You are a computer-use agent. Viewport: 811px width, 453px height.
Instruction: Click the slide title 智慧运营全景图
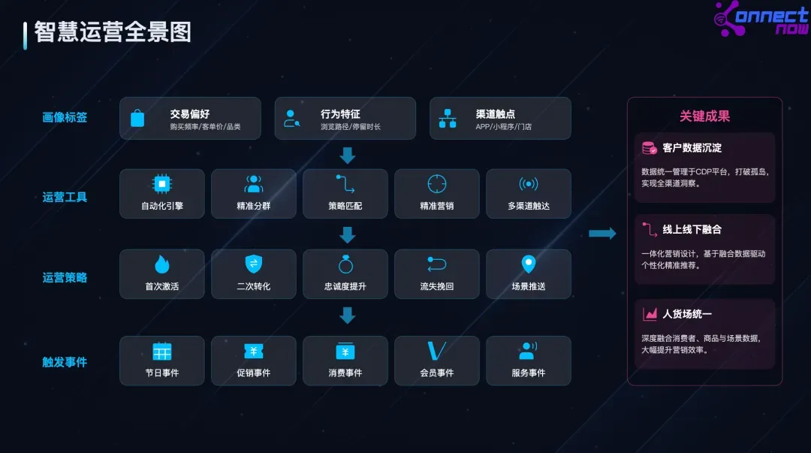(113, 32)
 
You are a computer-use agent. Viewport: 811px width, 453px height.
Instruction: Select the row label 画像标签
(65, 117)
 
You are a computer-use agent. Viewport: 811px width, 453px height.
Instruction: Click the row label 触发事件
(65, 362)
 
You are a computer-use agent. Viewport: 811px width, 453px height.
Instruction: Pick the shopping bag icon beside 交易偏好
(137, 119)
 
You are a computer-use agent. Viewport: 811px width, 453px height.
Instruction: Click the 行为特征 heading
(340, 113)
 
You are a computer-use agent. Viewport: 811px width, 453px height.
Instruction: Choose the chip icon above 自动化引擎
(161, 184)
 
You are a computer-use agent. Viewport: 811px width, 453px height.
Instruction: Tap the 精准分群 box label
(253, 205)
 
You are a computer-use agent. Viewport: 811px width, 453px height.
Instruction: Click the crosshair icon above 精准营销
(437, 184)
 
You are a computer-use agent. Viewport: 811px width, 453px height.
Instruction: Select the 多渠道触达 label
(529, 205)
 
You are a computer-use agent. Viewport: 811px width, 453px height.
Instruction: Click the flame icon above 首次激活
(161, 264)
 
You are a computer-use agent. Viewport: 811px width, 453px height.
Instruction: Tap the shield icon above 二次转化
(253, 264)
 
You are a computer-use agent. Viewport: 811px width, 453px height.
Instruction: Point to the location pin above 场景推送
(529, 264)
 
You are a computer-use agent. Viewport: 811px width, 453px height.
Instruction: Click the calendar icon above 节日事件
(161, 351)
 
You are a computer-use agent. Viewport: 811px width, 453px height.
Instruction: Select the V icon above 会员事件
(436, 351)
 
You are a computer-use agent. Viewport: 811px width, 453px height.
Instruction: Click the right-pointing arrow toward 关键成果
(601, 234)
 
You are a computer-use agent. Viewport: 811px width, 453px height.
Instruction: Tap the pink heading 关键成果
(704, 116)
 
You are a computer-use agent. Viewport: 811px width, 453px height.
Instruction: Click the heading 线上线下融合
(692, 229)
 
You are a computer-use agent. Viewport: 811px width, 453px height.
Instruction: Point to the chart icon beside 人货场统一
(650, 314)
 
